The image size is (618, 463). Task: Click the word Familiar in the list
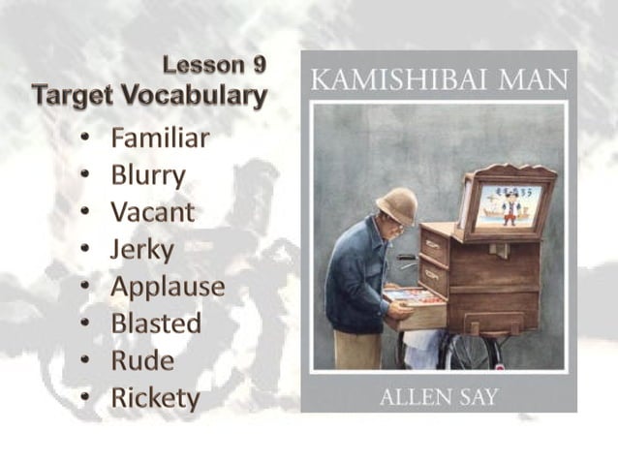[x=160, y=139]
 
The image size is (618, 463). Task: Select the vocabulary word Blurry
[x=147, y=175]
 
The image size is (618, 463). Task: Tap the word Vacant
[x=152, y=212]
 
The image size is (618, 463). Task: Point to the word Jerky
[x=142, y=250]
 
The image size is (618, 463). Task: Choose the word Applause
[x=168, y=287]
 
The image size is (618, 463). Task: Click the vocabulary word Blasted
[x=156, y=324]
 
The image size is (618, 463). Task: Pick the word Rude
[x=142, y=360]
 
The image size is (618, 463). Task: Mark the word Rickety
[x=155, y=398]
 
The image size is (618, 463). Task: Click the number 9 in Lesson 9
[x=258, y=66]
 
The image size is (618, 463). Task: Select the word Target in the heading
[x=69, y=96]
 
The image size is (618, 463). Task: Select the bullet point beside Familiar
[x=86, y=139]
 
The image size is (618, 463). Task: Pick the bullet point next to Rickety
[x=86, y=398]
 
